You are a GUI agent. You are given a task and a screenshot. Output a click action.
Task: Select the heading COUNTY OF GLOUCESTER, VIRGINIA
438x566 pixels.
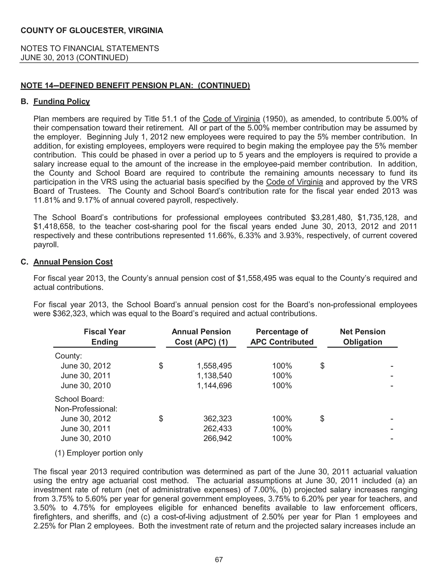[92, 31]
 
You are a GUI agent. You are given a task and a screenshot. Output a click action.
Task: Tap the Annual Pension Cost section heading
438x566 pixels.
[73, 262]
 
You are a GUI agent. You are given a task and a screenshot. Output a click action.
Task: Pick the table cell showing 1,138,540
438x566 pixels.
[214, 375]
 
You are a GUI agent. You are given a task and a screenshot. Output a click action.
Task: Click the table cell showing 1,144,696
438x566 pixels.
[214, 385]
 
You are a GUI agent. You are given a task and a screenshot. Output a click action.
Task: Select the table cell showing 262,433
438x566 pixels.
[218, 428]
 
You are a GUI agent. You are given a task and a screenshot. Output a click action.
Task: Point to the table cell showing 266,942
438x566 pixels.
[218, 438]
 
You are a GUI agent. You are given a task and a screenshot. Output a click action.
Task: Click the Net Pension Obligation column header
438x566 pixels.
[363, 337]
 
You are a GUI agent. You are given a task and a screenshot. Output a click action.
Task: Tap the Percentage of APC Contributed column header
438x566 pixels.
[282, 337]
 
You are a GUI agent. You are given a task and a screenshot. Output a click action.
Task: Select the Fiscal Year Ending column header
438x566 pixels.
[105, 337]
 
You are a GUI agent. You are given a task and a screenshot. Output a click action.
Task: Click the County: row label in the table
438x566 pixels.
[68, 356]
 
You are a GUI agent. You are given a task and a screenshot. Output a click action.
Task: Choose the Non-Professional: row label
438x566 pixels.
[86, 409]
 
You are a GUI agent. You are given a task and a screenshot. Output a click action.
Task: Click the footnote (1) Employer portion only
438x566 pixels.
[99, 453]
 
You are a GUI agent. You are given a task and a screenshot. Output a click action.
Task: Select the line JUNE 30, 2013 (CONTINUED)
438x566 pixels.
[74, 57]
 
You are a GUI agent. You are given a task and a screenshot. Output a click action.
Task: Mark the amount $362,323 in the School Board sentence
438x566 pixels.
[69, 314]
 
